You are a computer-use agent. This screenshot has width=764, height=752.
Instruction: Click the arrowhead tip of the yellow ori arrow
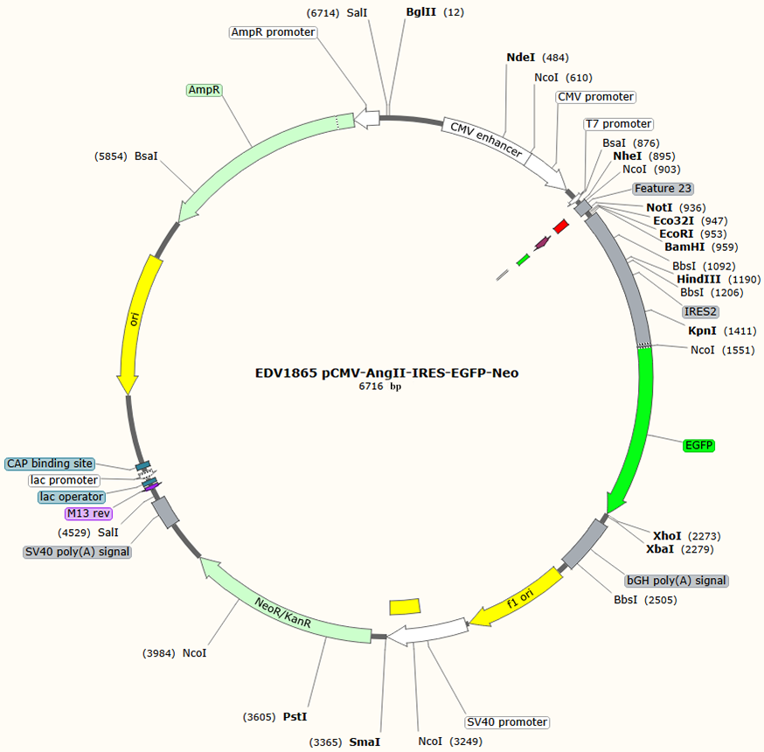point(128,394)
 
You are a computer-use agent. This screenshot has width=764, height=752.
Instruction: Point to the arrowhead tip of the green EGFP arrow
point(608,513)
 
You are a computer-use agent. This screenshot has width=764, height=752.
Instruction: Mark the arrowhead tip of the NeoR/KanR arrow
point(200,558)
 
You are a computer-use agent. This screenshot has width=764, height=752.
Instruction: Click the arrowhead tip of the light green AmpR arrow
point(179,223)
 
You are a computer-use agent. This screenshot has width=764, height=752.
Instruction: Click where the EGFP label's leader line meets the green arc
point(648,435)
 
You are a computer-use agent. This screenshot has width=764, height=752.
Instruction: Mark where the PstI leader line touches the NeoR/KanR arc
point(326,637)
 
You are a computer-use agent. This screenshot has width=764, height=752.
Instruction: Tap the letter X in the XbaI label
point(650,549)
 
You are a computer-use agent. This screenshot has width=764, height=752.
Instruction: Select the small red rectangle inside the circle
point(561,226)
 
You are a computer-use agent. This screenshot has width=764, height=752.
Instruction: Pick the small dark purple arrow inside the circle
point(543,242)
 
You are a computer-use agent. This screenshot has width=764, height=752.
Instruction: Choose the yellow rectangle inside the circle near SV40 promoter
point(405,607)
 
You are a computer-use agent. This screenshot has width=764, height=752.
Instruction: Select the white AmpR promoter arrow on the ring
point(367,118)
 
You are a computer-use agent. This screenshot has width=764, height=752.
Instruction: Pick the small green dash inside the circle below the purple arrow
point(523,260)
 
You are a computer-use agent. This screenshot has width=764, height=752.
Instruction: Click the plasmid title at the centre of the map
point(387,373)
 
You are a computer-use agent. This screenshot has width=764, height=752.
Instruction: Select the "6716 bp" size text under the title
point(380,386)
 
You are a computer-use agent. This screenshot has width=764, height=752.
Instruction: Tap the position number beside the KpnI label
point(740,331)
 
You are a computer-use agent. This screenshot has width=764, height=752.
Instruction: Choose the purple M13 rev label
point(88,513)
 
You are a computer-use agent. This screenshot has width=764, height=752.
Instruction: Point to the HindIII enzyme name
point(698,279)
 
